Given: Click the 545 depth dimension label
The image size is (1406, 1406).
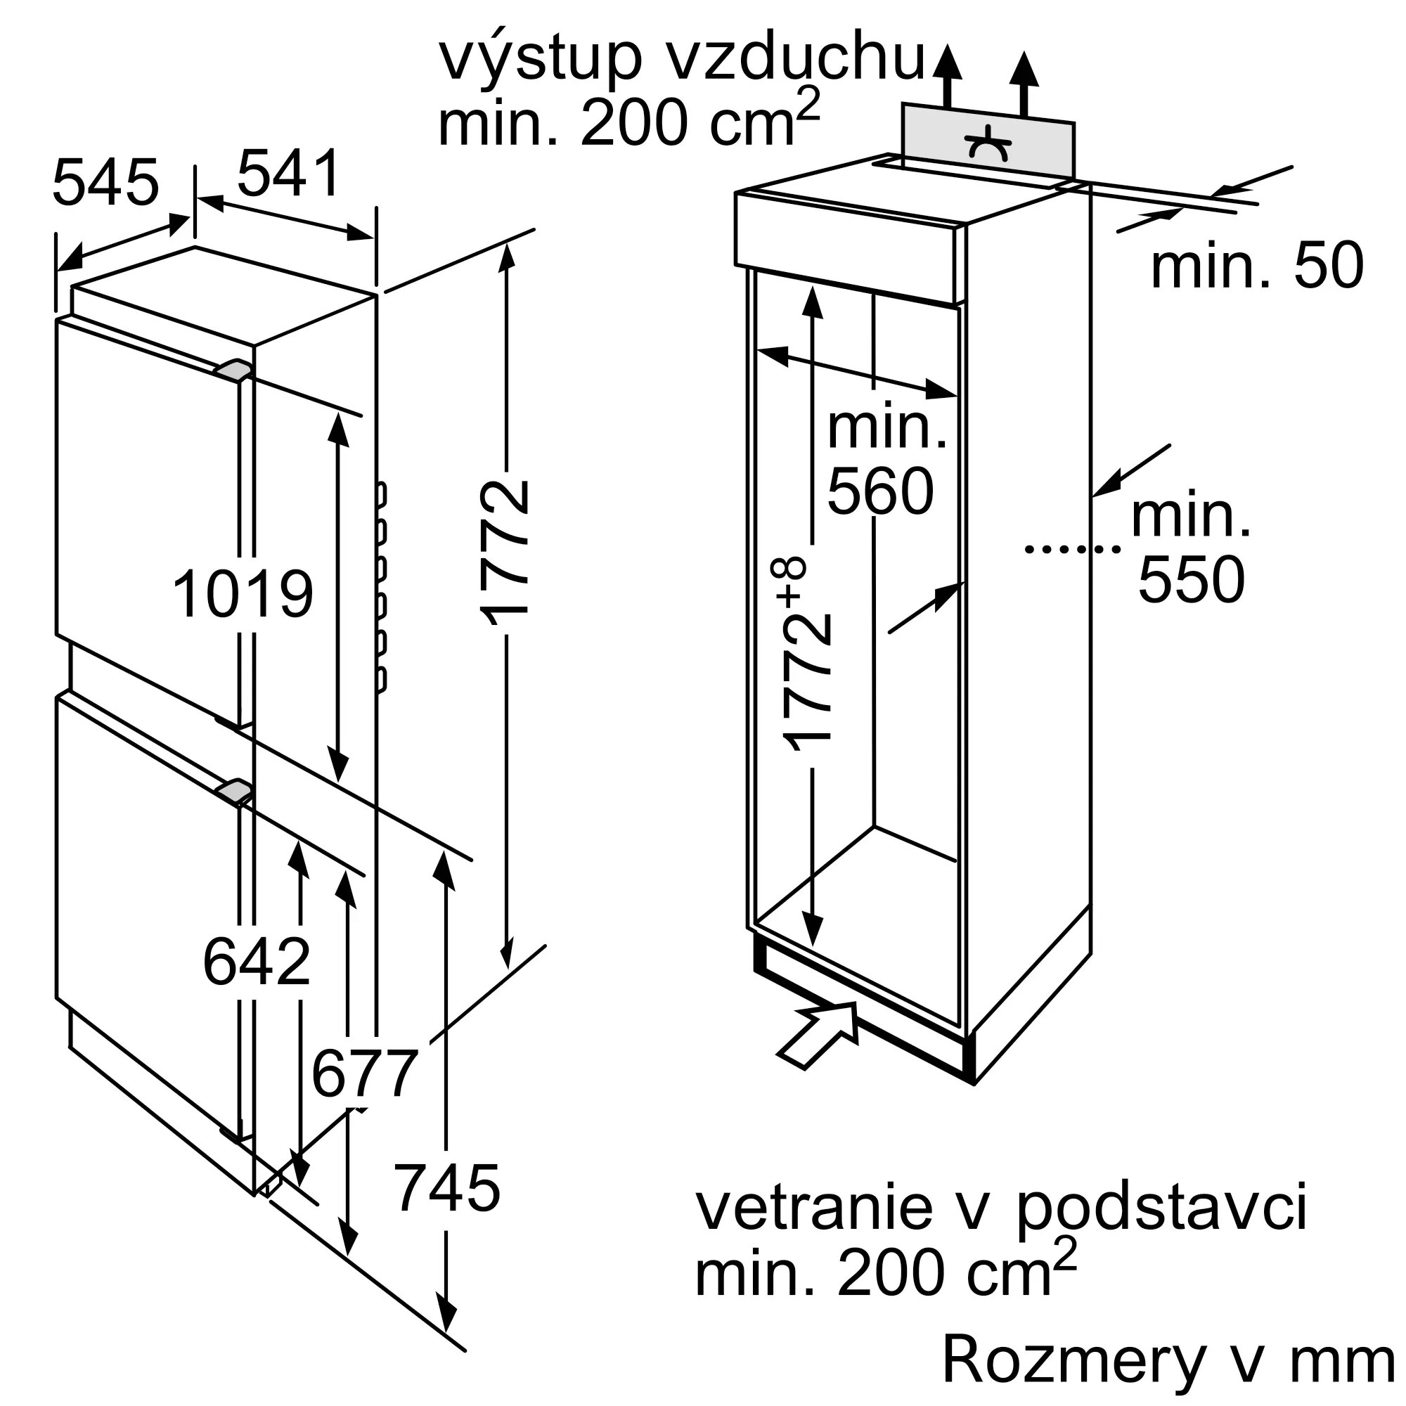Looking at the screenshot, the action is tap(105, 183).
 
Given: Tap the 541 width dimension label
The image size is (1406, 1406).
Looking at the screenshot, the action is tap(289, 173).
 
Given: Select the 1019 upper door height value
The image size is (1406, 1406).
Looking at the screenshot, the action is tap(243, 595).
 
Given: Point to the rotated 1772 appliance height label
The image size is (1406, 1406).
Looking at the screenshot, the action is tap(505, 553).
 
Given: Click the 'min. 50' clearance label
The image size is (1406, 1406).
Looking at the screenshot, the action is tap(1257, 267).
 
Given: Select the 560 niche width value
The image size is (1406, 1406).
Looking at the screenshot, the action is tap(881, 492).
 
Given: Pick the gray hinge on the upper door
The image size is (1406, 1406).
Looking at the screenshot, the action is tap(233, 370).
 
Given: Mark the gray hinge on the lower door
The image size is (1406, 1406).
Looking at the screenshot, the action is tap(233, 790).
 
